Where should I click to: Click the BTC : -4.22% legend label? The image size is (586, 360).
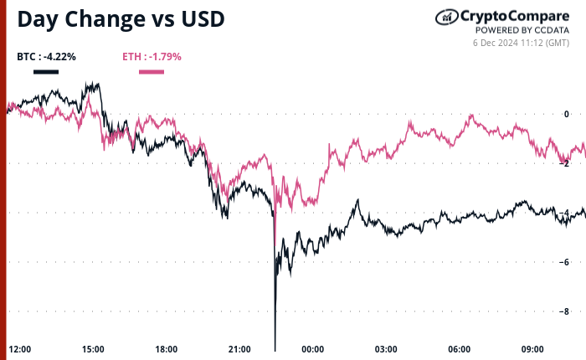[x=46, y=57]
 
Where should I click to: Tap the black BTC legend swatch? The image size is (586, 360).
[x=46, y=71]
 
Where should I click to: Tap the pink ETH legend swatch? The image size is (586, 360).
[x=151, y=71]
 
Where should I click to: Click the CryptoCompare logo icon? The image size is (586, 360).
[x=446, y=17]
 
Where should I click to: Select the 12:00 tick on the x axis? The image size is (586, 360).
[x=20, y=349]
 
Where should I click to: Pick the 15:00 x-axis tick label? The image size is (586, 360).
[x=93, y=349]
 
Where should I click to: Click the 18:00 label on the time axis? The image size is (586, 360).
[x=167, y=349]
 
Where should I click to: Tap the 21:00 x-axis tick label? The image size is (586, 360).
[x=239, y=349]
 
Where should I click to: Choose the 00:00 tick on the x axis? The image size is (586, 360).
[x=313, y=349]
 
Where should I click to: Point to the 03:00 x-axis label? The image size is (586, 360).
[x=386, y=349]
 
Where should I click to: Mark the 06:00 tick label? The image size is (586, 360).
[x=460, y=349]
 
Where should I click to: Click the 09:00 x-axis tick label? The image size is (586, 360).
[x=532, y=349]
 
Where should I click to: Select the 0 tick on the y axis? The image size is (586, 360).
[x=567, y=114]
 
